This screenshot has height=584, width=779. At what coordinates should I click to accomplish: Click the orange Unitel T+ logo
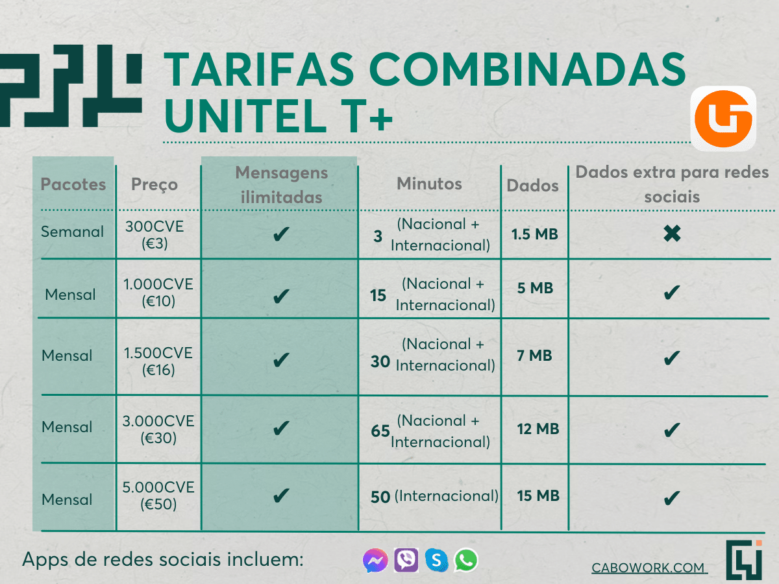click(723, 119)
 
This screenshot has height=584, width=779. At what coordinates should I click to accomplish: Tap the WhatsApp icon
click(466, 560)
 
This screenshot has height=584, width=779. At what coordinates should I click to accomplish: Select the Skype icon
click(436, 560)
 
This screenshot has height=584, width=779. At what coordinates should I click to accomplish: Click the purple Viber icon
click(406, 560)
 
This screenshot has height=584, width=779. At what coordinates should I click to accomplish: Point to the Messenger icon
click(375, 561)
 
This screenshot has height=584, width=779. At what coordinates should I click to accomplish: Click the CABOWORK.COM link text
click(649, 568)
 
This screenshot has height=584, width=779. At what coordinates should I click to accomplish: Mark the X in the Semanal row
click(672, 234)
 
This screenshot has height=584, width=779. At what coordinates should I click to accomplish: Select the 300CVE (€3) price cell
click(155, 235)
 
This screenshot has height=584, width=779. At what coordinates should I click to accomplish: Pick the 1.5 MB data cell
click(534, 234)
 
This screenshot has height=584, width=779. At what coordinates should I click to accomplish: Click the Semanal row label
click(73, 232)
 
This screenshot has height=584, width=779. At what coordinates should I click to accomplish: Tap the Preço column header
click(155, 185)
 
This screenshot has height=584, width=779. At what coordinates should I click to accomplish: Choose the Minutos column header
click(430, 184)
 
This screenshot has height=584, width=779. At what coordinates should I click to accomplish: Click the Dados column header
click(533, 186)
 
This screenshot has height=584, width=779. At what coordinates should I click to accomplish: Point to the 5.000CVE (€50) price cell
click(158, 496)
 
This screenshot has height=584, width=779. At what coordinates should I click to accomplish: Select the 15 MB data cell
click(538, 496)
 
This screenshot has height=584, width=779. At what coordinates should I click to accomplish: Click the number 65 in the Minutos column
click(380, 431)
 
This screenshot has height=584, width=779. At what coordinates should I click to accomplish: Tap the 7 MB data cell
click(534, 356)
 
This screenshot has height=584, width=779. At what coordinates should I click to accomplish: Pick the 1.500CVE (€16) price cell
click(158, 361)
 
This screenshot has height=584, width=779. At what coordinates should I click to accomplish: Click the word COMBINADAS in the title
click(527, 69)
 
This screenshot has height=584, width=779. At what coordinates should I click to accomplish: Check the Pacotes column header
click(73, 184)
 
